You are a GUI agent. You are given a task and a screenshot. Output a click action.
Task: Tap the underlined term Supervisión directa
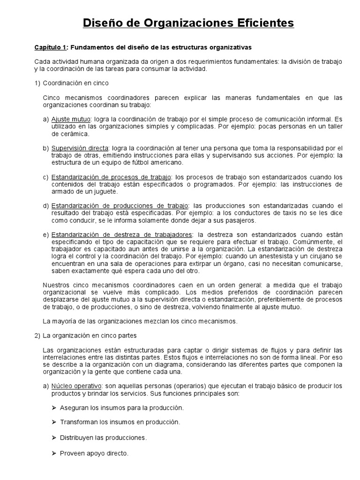[x=79, y=148]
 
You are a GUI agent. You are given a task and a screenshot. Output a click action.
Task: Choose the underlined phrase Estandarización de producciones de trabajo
[x=120, y=206]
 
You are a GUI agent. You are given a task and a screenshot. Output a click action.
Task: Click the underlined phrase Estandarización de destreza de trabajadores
[x=122, y=234]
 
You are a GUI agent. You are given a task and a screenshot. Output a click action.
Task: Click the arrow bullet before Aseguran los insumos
[x=54, y=408]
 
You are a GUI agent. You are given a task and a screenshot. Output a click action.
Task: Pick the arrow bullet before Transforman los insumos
[x=54, y=422]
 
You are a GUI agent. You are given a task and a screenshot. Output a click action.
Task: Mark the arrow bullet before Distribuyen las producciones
[x=54, y=438]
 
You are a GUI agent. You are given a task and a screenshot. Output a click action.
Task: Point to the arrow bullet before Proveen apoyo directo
[x=54, y=453]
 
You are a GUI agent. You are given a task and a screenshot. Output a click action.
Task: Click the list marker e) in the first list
[x=45, y=234]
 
